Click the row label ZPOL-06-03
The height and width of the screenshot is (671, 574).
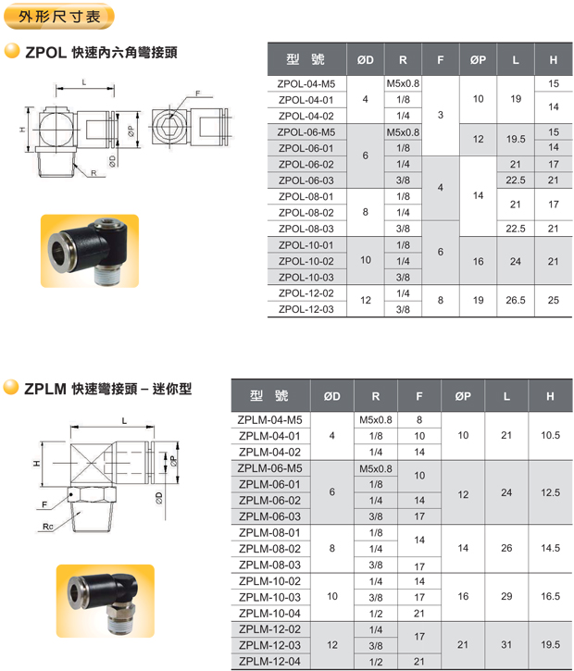pos(305,180)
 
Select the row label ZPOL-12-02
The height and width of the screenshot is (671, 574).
pos(305,292)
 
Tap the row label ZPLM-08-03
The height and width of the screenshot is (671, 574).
pos(268,565)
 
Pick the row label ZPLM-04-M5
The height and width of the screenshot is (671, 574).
pos(269,419)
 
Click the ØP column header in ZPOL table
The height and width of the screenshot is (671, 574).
pos(478,60)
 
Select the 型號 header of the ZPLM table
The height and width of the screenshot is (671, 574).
pos(269,396)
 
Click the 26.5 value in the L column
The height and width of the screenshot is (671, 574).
pos(516,301)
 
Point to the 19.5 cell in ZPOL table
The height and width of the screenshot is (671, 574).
pos(516,140)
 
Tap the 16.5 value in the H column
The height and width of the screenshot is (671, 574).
pos(550,596)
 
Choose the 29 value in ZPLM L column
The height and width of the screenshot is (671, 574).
pos(505,596)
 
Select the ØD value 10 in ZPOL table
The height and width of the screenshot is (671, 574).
pos(366,260)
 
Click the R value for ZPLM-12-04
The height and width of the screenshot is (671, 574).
pos(376,661)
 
